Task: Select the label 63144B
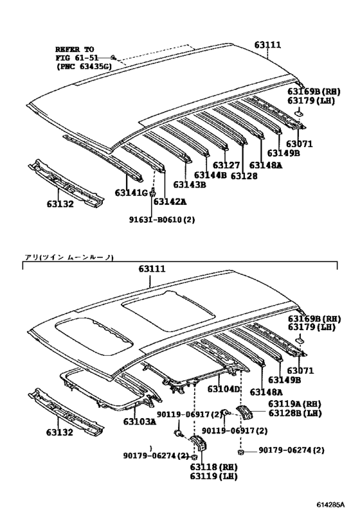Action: click(210, 175)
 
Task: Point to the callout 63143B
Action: click(190, 185)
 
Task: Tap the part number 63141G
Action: click(131, 192)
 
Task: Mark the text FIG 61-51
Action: click(76, 57)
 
